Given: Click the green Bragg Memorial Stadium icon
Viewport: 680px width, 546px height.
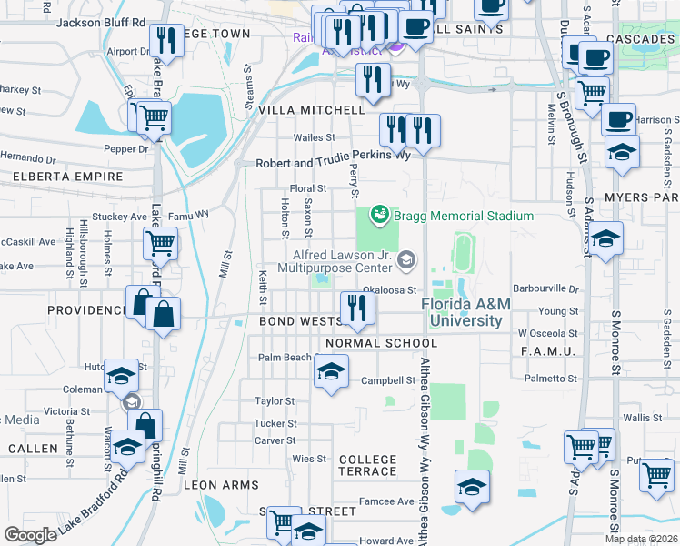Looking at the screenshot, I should tap(379, 216).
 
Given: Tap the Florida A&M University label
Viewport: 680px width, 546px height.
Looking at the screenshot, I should tap(461, 313).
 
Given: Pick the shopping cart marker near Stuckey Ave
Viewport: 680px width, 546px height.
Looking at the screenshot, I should tap(160, 244).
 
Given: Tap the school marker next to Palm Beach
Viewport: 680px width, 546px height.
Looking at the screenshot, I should tap(332, 371).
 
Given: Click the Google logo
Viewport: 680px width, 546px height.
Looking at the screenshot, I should tap(30, 535).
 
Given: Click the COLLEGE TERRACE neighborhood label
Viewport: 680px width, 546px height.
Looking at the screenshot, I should tap(367, 465).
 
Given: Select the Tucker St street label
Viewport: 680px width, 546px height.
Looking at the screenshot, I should tap(275, 423).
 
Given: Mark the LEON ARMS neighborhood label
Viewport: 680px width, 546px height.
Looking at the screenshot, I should tap(221, 486).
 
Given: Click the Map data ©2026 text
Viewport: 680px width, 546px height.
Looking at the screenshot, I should tap(641, 539).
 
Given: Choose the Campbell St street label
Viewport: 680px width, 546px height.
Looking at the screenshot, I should tap(382, 380).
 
